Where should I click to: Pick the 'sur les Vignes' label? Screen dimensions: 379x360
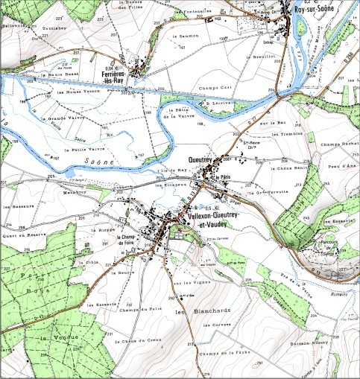[x=189, y=284]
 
